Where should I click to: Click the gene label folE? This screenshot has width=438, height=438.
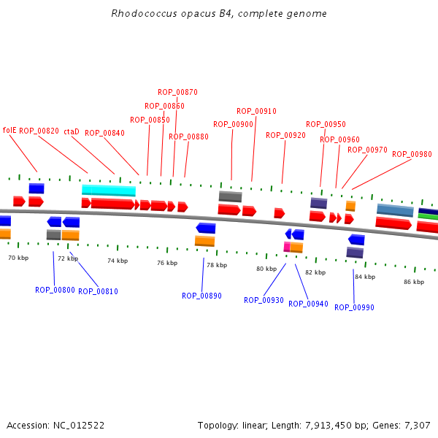[9, 130]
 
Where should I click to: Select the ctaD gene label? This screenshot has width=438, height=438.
[72, 131]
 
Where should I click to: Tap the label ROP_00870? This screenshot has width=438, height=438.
[177, 92]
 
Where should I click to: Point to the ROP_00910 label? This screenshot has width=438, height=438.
[256, 111]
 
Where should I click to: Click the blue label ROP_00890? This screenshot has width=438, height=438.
[201, 296]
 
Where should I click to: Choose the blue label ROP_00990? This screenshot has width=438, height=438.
[354, 307]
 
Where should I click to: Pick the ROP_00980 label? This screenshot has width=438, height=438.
[412, 154]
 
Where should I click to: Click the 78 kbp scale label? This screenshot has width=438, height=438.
[217, 265]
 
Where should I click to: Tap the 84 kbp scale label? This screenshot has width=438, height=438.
[365, 277]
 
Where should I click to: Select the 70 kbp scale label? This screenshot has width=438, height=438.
[18, 258]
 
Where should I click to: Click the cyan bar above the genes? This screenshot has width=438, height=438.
[109, 191]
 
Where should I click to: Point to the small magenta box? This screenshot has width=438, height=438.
[287, 247]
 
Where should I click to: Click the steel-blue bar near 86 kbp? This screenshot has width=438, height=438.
[395, 210]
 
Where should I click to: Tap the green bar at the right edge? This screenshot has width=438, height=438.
[428, 217]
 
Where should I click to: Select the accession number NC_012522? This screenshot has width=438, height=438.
[79, 426]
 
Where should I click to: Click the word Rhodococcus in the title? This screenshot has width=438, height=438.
[144, 13]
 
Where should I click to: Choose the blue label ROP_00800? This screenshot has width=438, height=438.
[55, 291]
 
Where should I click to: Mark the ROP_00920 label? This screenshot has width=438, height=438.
[285, 136]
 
